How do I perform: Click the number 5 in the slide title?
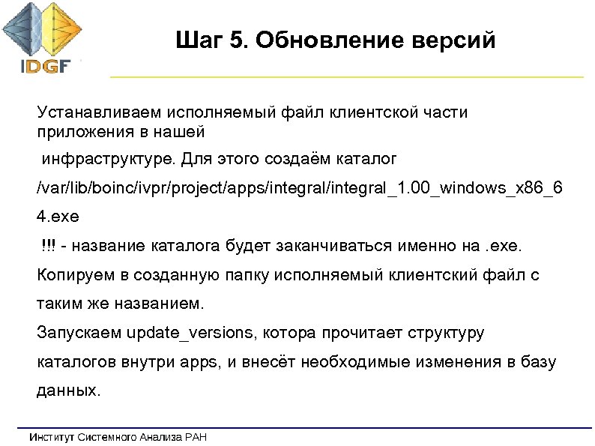pyautogui.click(x=239, y=39)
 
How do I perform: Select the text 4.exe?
pyautogui.click(x=57, y=217)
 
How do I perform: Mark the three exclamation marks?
pyautogui.click(x=48, y=247)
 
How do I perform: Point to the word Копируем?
pyautogui.click(x=73, y=275)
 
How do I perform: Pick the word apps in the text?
pyautogui.click(x=197, y=362)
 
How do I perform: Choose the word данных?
pyautogui.click(x=67, y=391)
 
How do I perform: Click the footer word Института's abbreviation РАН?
pyautogui.click(x=193, y=436)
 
